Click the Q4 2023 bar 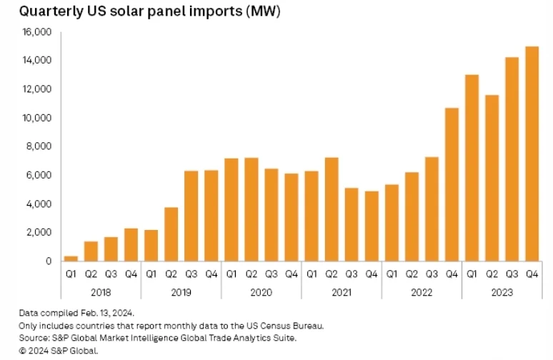(x=532, y=154)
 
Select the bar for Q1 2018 (x=71, y=258)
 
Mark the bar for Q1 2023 (x=472, y=168)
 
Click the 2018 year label (x=101, y=291)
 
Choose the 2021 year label (x=341, y=291)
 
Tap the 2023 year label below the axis (x=502, y=291)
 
